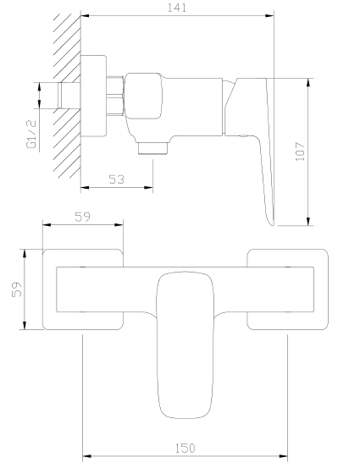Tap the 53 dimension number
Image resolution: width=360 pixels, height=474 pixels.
point(116,178)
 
